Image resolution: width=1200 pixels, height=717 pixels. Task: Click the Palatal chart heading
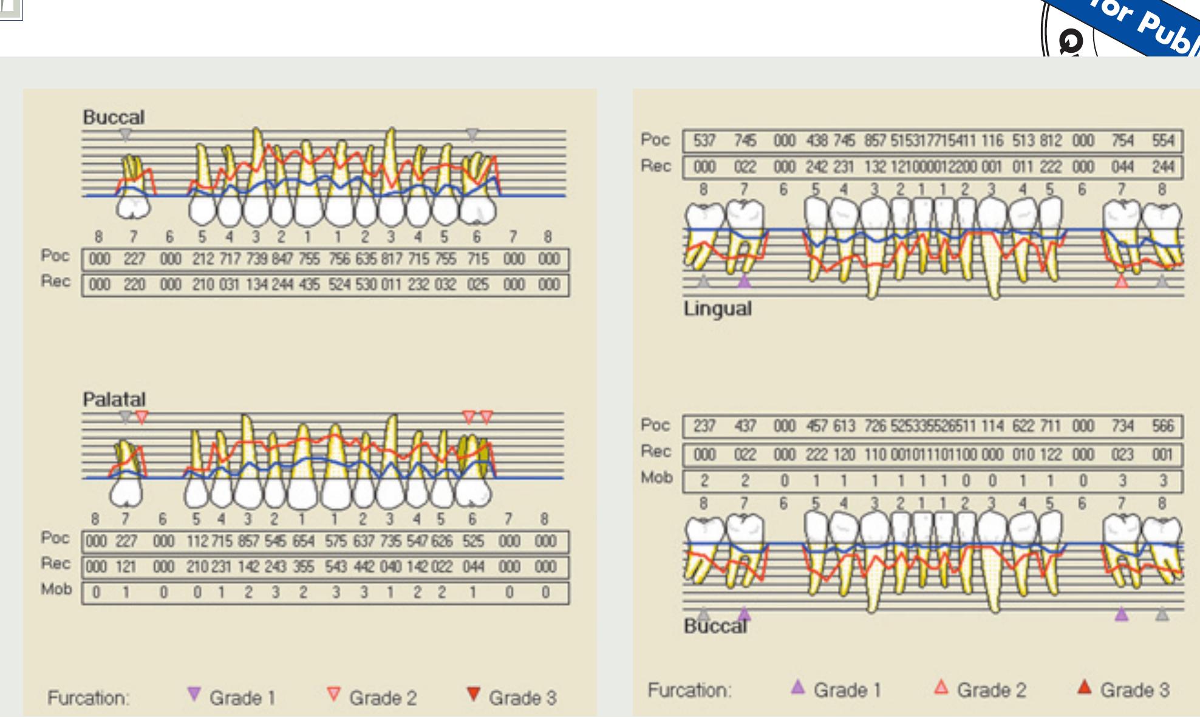(x=114, y=399)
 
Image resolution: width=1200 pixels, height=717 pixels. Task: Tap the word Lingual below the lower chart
(x=717, y=308)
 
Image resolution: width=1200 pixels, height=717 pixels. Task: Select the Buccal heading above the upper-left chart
(x=114, y=117)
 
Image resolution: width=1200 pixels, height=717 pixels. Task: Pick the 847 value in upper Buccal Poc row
(x=282, y=259)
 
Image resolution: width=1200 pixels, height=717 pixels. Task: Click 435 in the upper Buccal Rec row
(x=309, y=285)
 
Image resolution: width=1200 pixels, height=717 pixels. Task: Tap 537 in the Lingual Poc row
(x=704, y=141)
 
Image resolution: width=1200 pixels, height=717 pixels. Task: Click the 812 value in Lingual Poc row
(x=1050, y=141)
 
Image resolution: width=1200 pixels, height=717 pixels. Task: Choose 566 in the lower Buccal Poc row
(x=1162, y=426)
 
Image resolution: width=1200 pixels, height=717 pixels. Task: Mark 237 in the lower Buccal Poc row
(x=704, y=426)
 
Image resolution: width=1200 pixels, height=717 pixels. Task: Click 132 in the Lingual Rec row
(x=874, y=167)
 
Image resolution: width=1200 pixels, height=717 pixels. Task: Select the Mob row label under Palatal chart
(x=56, y=590)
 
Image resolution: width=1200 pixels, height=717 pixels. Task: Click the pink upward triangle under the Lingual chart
(x=1122, y=281)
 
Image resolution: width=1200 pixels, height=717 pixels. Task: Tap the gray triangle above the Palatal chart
(x=125, y=417)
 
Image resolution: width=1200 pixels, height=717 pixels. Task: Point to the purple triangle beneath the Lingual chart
(x=744, y=281)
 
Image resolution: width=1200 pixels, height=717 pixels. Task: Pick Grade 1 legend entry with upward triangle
(x=836, y=690)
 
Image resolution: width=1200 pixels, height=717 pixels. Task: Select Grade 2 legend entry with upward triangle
(x=980, y=690)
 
